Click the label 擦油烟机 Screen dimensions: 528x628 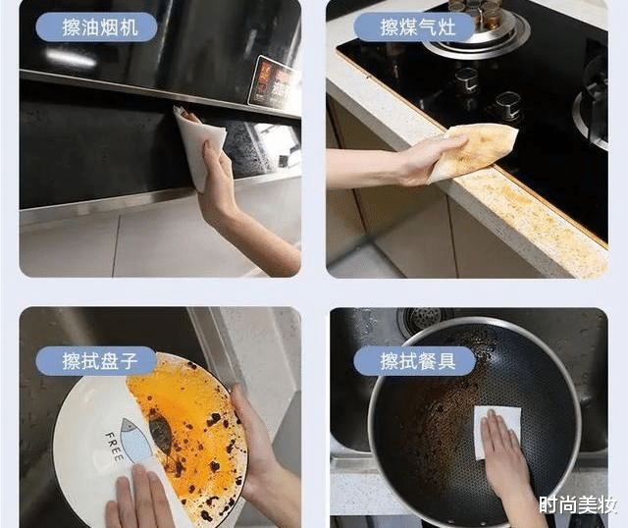pos(96,26)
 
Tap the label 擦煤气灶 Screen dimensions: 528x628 pos(413,26)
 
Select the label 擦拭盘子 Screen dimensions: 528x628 pos(96,361)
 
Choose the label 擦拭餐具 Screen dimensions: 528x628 pos(413,361)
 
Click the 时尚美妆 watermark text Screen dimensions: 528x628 pos(578,506)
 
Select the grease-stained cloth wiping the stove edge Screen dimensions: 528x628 pos(475,150)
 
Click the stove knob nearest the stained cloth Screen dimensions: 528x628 pos(506,105)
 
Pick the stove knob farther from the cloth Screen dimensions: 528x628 pos(466,79)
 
